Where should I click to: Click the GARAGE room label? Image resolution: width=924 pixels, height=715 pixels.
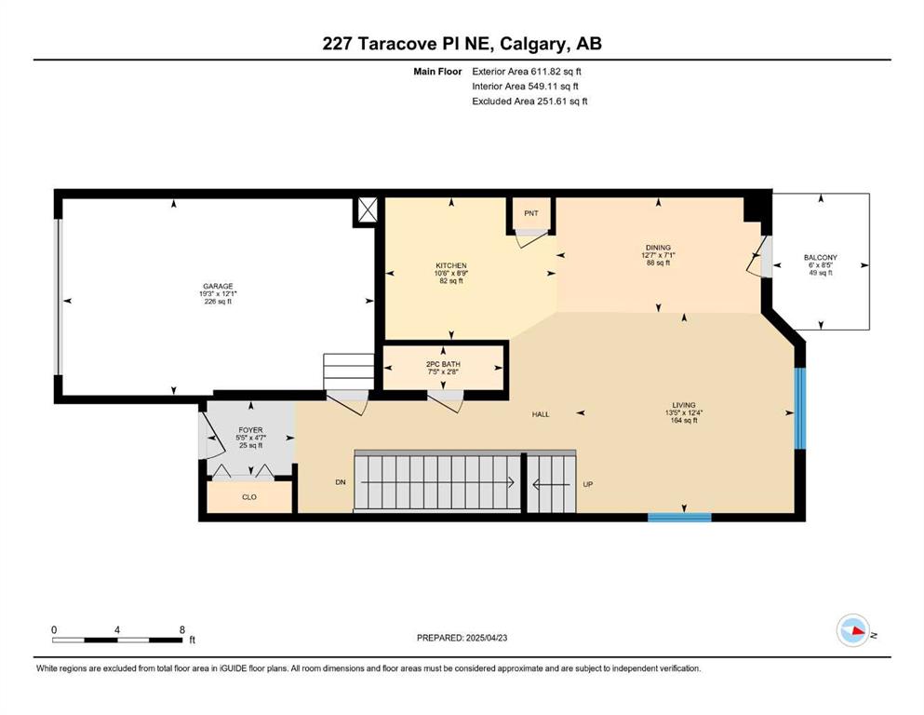pos(218,287)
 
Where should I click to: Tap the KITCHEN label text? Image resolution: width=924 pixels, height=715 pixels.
pos(451,266)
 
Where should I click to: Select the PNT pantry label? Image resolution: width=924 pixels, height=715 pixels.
pos(531,213)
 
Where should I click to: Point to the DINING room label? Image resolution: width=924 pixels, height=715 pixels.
pos(658,248)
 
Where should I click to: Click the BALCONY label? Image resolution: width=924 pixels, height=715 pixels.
pos(821,258)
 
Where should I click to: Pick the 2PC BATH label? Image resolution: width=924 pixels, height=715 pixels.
pos(443,364)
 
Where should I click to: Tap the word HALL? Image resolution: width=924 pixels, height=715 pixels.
pos(541,414)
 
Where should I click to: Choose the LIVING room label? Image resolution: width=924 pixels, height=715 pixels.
pos(684,405)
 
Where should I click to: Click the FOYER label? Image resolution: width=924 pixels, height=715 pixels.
pos(250,430)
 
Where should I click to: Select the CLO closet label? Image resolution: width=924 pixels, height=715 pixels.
pos(249,497)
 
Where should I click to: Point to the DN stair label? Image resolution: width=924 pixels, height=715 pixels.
pos(340,482)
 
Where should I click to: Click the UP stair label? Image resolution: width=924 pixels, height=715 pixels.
pos(587,484)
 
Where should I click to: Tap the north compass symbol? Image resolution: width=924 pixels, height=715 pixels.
pos(854,630)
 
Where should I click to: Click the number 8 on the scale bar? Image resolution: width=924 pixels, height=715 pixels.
pos(182,629)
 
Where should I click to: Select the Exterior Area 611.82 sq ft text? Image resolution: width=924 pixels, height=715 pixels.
pos(527,72)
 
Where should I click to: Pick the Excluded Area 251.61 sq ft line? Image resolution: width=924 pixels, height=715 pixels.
pos(529,101)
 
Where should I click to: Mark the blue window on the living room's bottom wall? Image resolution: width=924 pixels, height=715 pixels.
pos(679,518)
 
